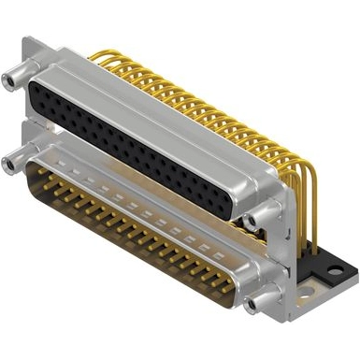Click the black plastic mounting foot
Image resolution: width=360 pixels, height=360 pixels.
pyautogui.click(x=318, y=263)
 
